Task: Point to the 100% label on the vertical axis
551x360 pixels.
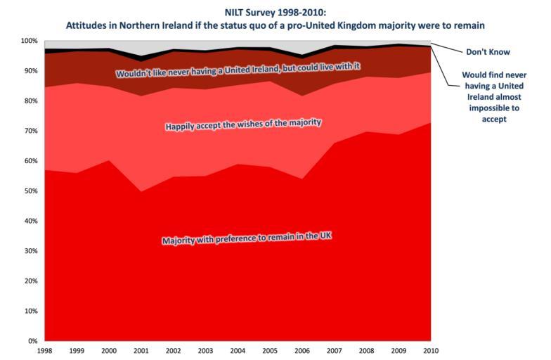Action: click(30, 41)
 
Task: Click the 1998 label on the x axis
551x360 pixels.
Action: click(44, 349)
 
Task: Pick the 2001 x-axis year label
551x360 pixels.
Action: click(141, 349)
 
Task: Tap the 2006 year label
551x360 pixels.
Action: click(302, 349)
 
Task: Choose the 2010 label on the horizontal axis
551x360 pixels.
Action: click(431, 349)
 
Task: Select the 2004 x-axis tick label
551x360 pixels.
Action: click(238, 349)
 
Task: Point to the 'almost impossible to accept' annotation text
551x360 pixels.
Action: click(494, 96)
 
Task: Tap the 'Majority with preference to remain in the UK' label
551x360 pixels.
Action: click(246, 238)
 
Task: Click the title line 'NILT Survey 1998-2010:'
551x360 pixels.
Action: click(276, 11)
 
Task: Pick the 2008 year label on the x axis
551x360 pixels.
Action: click(367, 349)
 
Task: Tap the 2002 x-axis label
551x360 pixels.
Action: click(174, 349)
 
